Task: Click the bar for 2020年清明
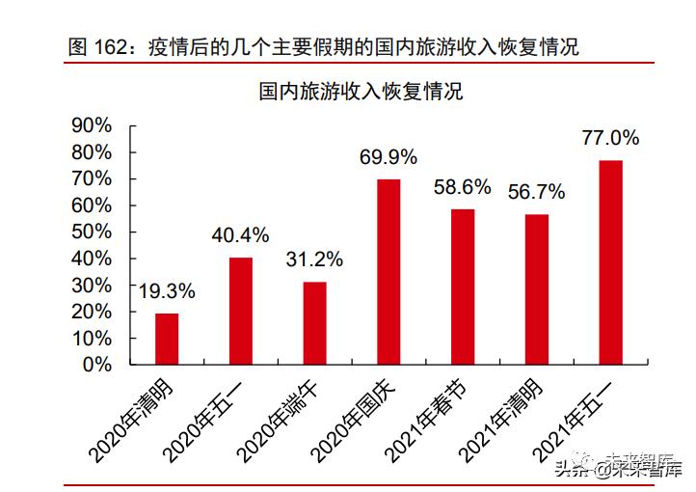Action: click(167, 339)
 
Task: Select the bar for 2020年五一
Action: click(241, 311)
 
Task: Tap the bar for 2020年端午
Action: click(315, 323)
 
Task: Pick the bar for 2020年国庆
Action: click(388, 272)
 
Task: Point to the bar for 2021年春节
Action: click(463, 287)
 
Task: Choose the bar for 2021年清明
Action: click(537, 289)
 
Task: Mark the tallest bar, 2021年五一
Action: click(611, 262)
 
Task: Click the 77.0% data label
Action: click(610, 137)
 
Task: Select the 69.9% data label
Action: click(388, 156)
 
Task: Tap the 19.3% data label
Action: click(167, 290)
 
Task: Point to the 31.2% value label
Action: click(314, 259)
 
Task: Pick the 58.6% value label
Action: click(463, 186)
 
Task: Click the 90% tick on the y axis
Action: click(93, 125)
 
